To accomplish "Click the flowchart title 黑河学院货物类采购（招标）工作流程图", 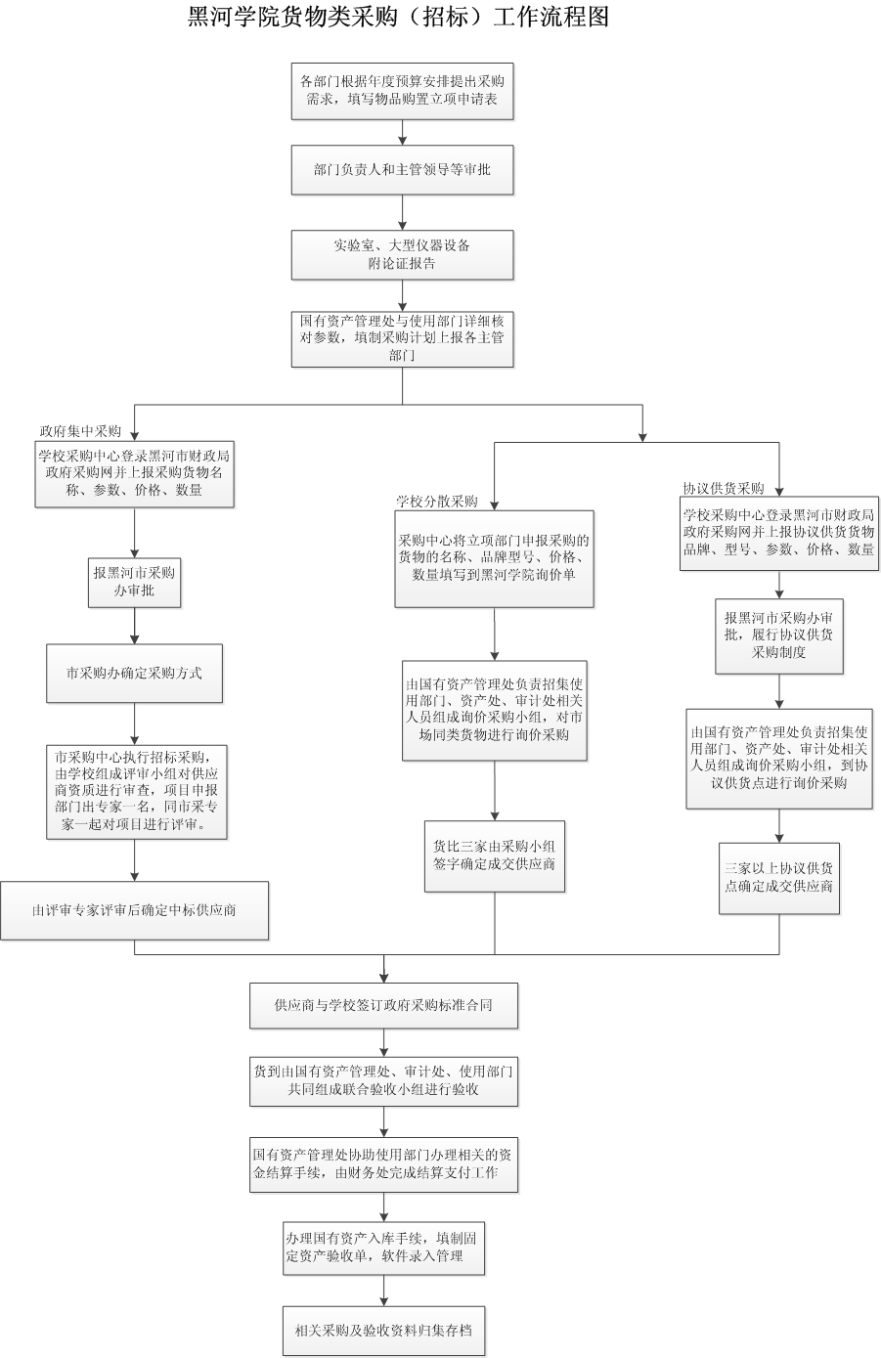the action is pos(398,17).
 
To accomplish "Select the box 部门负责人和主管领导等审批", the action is pos(402,170).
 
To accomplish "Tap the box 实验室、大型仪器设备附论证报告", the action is pos(402,254).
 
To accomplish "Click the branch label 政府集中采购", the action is pos(80,431).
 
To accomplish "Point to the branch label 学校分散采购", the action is pos(436,501).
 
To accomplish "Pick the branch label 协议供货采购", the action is pos(724,488).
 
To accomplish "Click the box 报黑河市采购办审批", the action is pos(135,583).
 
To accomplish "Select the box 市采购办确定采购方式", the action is pos(135,674).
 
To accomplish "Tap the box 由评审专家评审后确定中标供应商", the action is pos(135,910).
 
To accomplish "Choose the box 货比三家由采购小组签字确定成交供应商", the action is pos(494,856).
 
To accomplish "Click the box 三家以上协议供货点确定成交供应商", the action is pos(779,878).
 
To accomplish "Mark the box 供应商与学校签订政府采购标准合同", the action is pos(384,1006).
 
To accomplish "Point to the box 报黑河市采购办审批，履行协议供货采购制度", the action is pos(779,635).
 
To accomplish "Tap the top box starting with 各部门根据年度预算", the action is pos(402,91).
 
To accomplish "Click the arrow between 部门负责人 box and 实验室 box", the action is pos(402,212).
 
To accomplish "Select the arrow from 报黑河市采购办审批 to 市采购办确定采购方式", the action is pos(135,626).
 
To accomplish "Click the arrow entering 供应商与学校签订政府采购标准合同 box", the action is pos(384,969).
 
